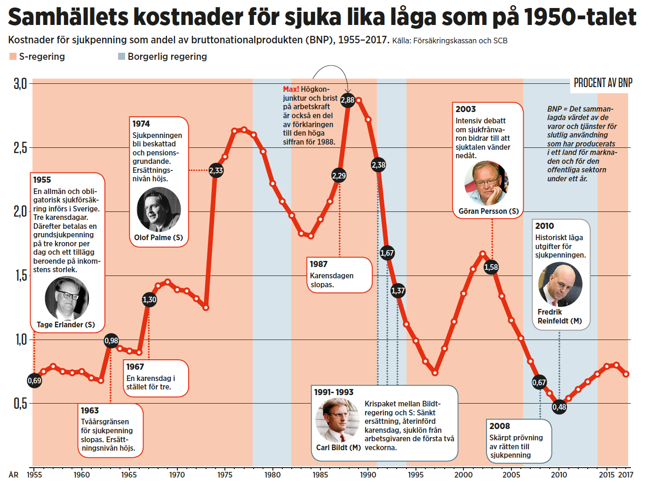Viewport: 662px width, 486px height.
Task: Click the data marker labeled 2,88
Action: (348, 100)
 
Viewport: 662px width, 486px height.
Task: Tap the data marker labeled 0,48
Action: (559, 407)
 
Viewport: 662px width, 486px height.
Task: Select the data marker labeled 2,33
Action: (216, 170)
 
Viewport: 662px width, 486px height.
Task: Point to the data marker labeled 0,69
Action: (34, 381)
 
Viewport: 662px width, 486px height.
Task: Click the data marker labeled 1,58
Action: (491, 267)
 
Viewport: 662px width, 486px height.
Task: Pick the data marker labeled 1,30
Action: (149, 300)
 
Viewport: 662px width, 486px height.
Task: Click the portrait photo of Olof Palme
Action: (159, 209)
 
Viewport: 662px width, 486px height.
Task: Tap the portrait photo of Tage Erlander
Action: (66, 298)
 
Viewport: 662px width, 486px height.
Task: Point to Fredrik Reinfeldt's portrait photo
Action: (560, 284)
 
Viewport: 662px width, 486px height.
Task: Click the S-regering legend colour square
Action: (13, 57)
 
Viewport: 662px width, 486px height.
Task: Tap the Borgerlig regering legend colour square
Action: (121, 57)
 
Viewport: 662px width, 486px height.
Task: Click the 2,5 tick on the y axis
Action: (20, 148)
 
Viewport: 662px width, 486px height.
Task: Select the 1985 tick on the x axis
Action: (320, 475)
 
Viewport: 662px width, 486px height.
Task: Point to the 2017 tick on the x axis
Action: (626, 475)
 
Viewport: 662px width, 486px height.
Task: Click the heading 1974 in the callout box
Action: (141, 124)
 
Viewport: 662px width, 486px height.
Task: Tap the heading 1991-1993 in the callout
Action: (334, 392)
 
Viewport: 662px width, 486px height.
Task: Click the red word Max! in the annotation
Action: (291, 89)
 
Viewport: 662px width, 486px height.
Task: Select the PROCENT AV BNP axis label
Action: (603, 83)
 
